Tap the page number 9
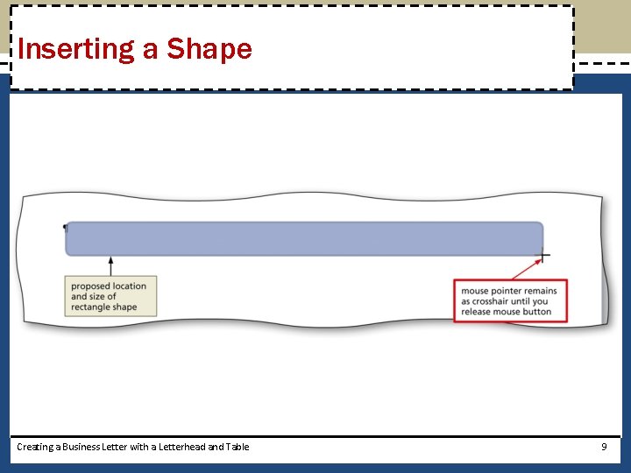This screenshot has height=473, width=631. pyautogui.click(x=604, y=447)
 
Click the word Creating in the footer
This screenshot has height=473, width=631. pyautogui.click(x=34, y=447)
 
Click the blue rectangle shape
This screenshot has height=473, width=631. pyautogui.click(x=304, y=238)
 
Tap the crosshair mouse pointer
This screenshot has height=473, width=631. pyautogui.click(x=543, y=257)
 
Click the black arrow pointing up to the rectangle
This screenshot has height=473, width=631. pyautogui.click(x=110, y=265)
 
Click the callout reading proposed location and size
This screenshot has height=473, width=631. pyautogui.click(x=111, y=296)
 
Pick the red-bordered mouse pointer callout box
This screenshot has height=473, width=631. pyautogui.click(x=510, y=300)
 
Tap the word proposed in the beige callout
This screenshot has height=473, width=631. pyautogui.click(x=91, y=286)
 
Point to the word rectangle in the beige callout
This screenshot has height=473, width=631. pyautogui.click(x=91, y=307)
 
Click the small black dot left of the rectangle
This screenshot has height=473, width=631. pyautogui.click(x=64, y=227)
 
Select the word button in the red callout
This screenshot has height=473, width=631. pyautogui.click(x=536, y=312)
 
